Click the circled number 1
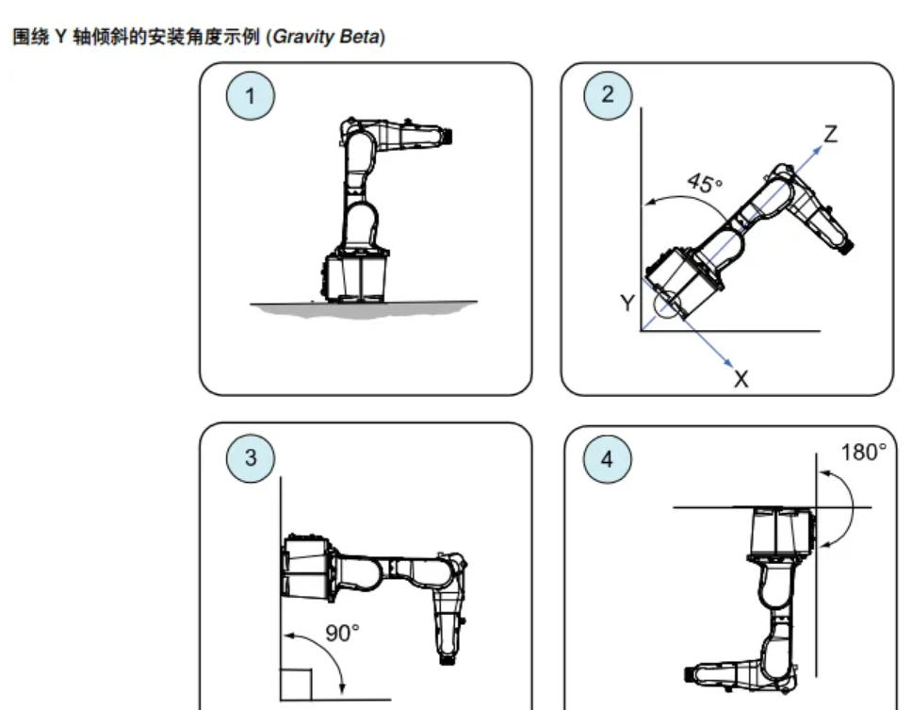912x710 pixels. [250, 96]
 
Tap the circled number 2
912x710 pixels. [608, 94]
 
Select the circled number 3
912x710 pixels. [250, 457]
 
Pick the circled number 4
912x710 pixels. [608, 459]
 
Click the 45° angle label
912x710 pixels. [705, 183]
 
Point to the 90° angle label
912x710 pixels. [342, 634]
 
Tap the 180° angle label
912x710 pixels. [864, 453]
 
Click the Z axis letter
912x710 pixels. [831, 135]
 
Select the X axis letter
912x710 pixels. [741, 379]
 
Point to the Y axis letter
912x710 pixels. [627, 304]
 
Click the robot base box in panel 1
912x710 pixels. [355, 277]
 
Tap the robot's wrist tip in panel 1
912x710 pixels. [448, 136]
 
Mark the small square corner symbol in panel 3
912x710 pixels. [297, 685]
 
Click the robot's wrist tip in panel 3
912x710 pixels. [448, 659]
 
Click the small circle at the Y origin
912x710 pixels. [666, 305]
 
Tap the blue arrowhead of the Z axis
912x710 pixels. [817, 150]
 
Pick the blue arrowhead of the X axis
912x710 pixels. [728, 363]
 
